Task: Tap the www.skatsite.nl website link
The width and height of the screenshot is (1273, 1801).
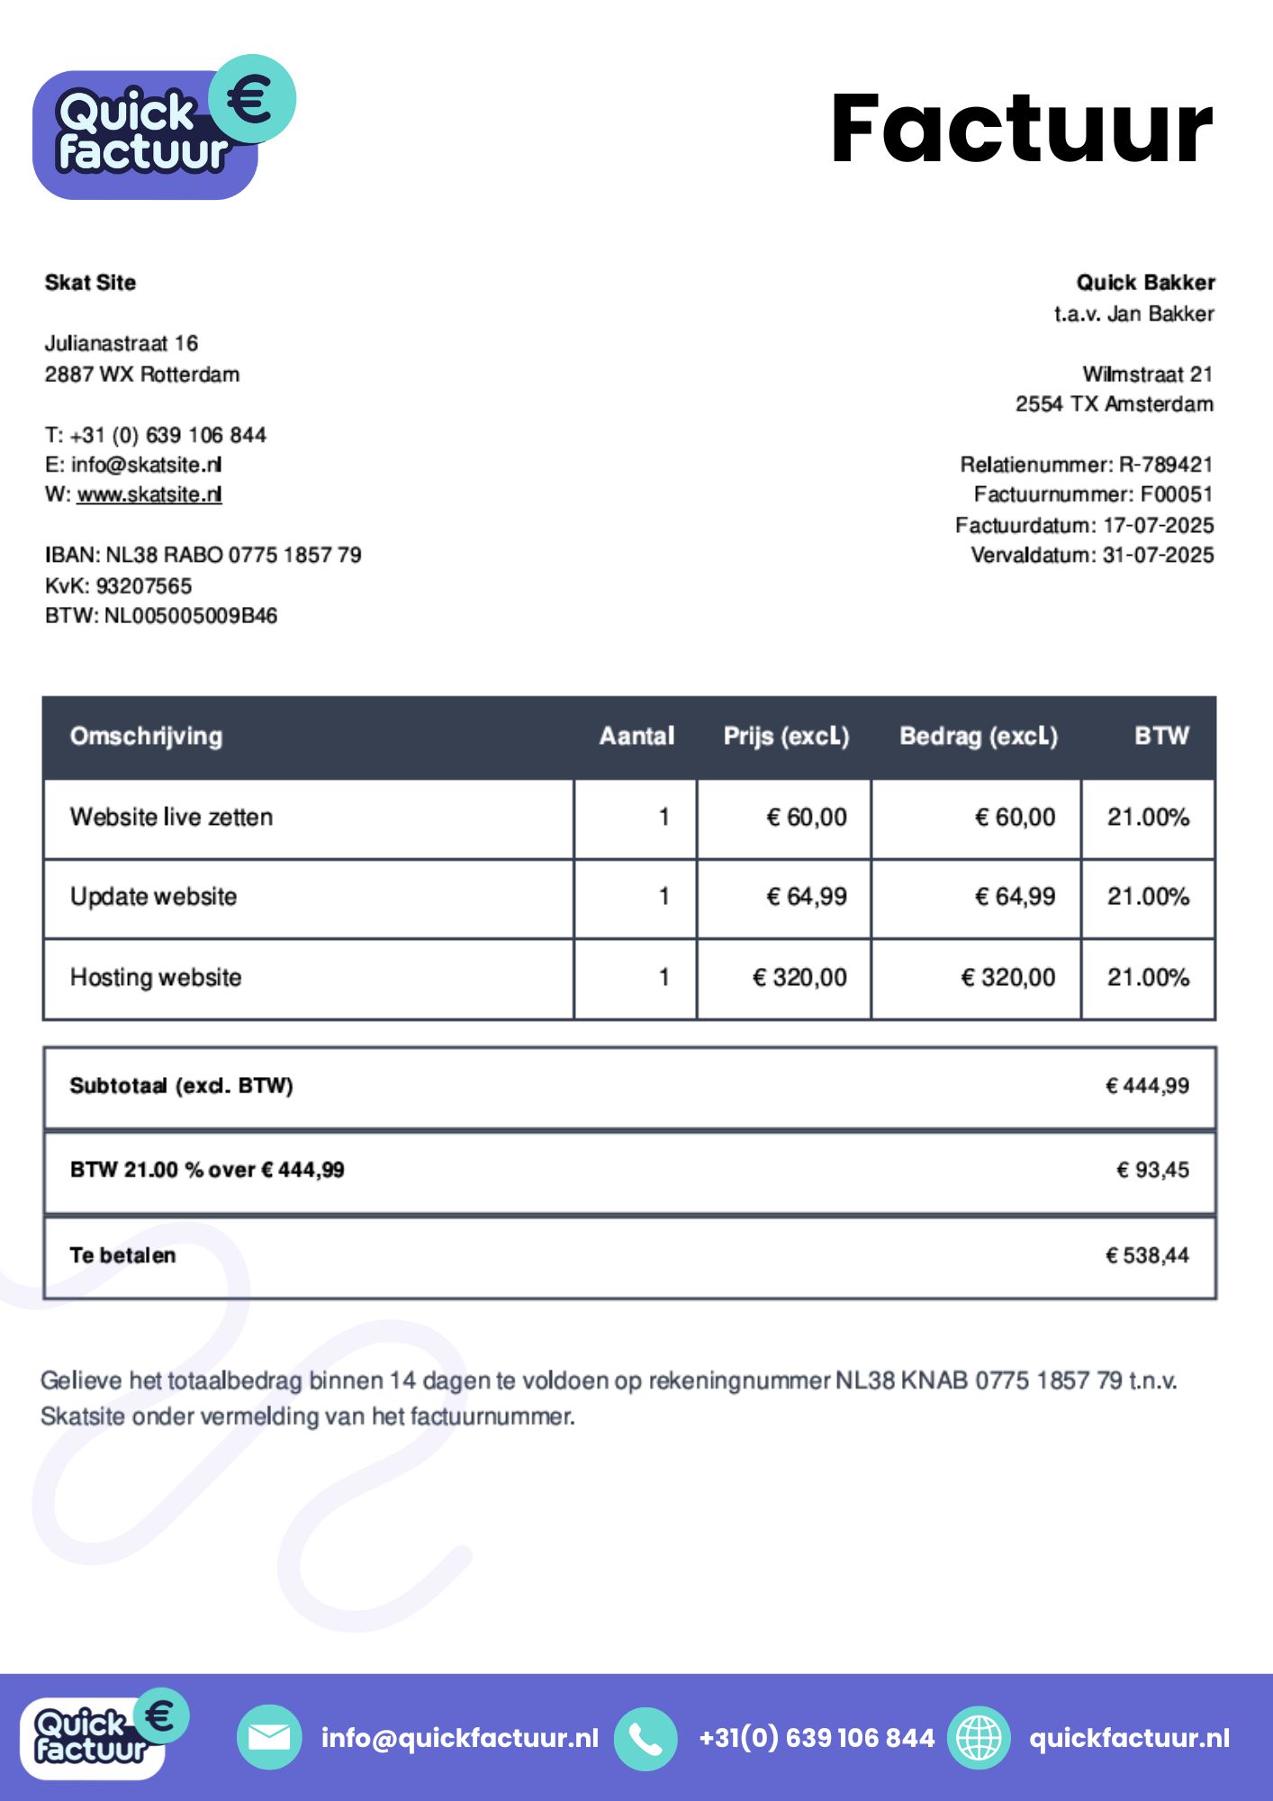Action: click(149, 494)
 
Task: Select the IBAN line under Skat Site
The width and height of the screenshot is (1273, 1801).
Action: click(203, 555)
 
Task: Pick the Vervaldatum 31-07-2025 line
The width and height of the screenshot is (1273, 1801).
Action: click(1091, 555)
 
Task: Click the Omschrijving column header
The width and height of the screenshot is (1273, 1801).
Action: click(146, 737)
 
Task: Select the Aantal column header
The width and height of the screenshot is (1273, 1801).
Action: click(636, 737)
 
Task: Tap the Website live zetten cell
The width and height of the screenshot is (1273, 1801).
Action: click(171, 818)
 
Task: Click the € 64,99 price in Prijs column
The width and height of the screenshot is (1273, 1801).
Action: click(807, 897)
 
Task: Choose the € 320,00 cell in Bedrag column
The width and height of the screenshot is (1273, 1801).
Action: click(1007, 978)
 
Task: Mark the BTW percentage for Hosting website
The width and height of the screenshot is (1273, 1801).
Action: click(1148, 978)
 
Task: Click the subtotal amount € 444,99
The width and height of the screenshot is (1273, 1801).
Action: click(1147, 1086)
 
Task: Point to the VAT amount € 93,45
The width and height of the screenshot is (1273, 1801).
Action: click(1152, 1171)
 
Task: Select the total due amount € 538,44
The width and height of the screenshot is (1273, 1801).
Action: click(1147, 1255)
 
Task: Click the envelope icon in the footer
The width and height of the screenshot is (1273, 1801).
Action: click(268, 1738)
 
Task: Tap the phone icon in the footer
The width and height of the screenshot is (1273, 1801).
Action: click(645, 1738)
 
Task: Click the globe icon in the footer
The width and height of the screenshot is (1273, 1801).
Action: click(979, 1738)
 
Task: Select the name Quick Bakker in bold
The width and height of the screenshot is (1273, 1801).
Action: click(1145, 283)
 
